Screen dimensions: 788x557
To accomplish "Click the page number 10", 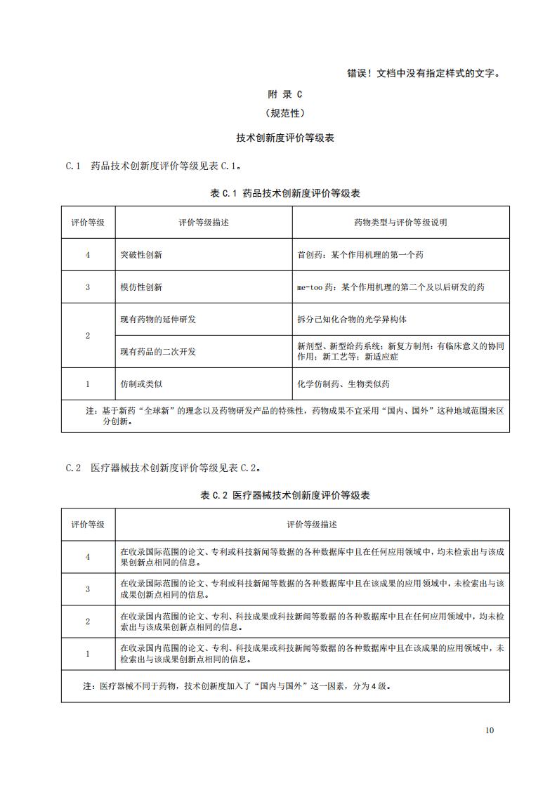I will click(489, 730).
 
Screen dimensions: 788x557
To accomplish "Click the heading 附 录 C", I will click(284, 93).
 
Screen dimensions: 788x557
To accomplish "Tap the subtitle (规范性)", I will click(284, 112).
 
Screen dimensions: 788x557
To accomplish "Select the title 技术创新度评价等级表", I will click(284, 138).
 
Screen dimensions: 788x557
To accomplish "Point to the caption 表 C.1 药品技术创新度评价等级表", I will click(284, 193).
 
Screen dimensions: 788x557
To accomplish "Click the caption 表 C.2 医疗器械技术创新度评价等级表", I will click(284, 495).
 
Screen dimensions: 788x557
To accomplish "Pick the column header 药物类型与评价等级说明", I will click(400, 223).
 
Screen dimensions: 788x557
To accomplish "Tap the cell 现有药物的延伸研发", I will click(158, 320).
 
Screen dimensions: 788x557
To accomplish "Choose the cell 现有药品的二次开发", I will click(158, 351).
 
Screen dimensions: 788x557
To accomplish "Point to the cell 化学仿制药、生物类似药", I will click(343, 384).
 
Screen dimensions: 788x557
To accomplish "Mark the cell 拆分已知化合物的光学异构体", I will click(352, 320).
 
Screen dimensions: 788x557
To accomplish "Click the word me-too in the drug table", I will click(309, 287).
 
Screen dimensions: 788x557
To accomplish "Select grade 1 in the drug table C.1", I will click(88, 384).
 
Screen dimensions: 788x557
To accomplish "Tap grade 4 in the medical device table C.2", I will click(88, 557).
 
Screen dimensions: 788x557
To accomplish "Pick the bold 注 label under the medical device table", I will click(88, 685).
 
